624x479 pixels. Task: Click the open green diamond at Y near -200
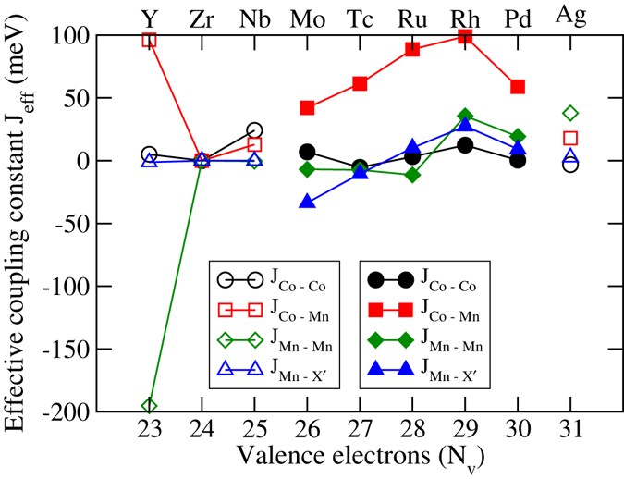tap(149, 406)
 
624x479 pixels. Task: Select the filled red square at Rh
tap(465, 36)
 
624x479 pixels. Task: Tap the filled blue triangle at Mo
tap(307, 202)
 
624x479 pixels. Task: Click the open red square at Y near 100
tap(149, 40)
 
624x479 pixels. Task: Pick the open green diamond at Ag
tap(570, 113)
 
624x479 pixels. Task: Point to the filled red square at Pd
tap(518, 87)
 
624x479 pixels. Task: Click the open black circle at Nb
tap(254, 130)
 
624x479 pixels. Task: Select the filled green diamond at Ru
tap(412, 175)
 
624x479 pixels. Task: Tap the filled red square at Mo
tap(307, 108)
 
